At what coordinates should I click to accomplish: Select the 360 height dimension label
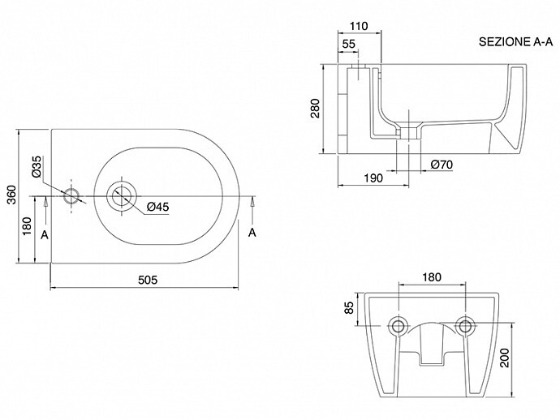click(x=11, y=195)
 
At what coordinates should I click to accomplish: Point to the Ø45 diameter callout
click(x=157, y=208)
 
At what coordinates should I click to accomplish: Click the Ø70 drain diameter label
click(x=442, y=165)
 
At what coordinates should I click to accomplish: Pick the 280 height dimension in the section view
click(x=316, y=109)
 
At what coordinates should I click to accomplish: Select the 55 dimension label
click(x=349, y=44)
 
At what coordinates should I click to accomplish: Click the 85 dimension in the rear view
click(x=348, y=308)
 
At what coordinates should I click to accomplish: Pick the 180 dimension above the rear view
click(x=433, y=277)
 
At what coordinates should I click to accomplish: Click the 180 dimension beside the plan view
click(x=27, y=228)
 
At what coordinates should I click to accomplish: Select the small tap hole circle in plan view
click(x=72, y=196)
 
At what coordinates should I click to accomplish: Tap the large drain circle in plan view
click(x=123, y=195)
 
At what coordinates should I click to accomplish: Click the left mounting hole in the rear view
click(x=398, y=325)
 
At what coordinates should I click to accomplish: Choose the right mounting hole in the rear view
click(x=465, y=325)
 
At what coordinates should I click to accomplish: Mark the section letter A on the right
click(x=252, y=233)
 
